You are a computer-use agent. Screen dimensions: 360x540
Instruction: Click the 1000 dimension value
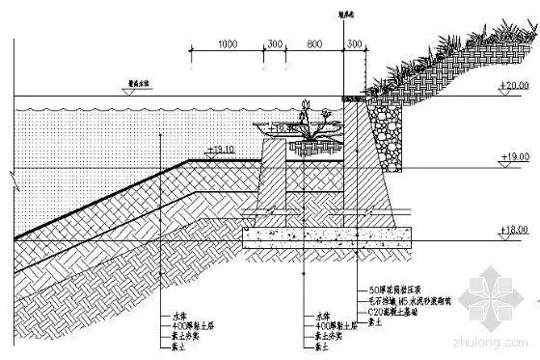pos(228,44)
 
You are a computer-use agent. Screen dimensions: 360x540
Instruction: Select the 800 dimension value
pos(313,44)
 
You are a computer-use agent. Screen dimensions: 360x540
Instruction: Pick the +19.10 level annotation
pos(222,150)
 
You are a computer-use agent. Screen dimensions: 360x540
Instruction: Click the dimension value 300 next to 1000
pos(275,44)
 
